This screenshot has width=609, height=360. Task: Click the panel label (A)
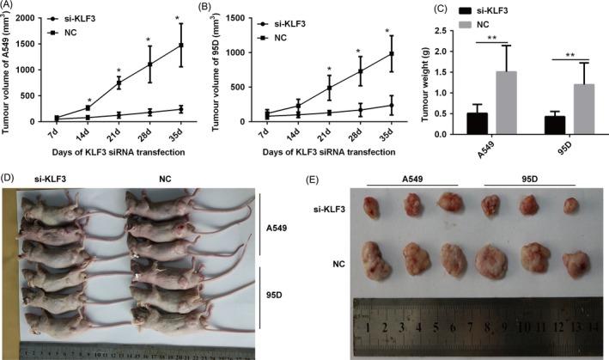coord(11,8)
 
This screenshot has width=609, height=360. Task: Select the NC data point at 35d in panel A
coord(180,45)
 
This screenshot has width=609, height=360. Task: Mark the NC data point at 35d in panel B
coord(391,53)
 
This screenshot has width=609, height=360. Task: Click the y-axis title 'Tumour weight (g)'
coord(430,82)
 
